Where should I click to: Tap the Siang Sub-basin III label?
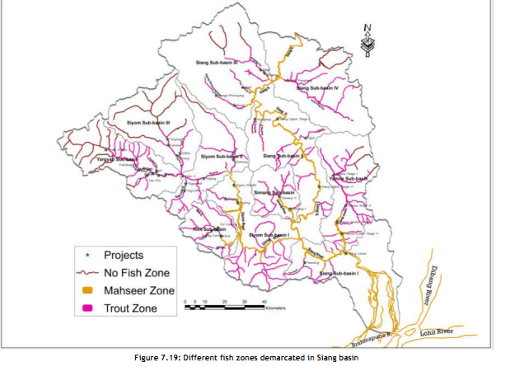pyautogui.click(x=217, y=62)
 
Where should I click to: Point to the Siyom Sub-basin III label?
pyautogui.click(x=147, y=123)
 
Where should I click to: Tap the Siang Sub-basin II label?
pyautogui.click(x=284, y=155)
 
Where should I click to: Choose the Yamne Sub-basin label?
pyautogui.click(x=348, y=177)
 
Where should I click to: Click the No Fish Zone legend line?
pyautogui.click(x=87, y=273)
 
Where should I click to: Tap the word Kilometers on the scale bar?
pyautogui.click(x=275, y=308)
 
